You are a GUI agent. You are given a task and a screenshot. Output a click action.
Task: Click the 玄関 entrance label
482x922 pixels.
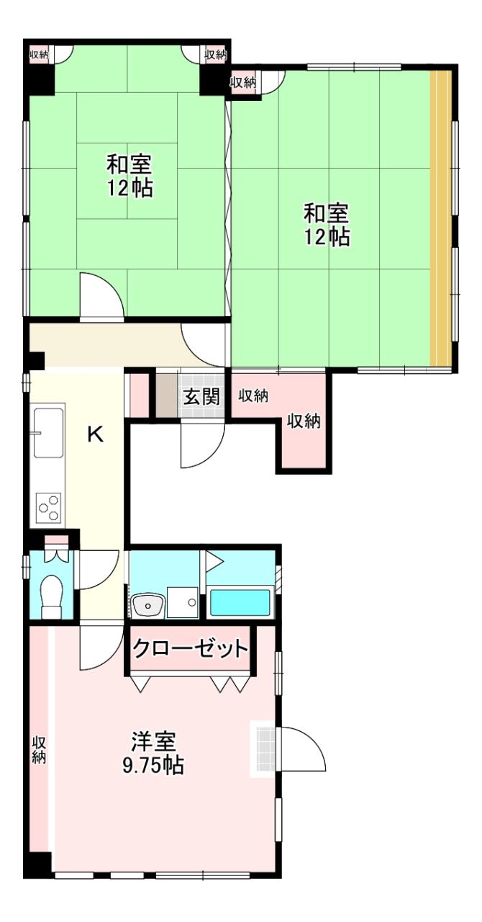click(x=201, y=397)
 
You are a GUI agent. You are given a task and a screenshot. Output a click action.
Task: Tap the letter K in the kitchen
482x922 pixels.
click(x=96, y=434)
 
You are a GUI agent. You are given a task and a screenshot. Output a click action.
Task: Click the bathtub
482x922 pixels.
click(x=240, y=603)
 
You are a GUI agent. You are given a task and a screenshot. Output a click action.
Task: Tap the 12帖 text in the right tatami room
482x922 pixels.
click(x=327, y=236)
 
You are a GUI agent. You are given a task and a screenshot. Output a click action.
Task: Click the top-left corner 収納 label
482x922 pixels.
click(x=39, y=54)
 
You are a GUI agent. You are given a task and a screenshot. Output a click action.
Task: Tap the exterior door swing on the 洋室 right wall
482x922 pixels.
click(x=301, y=749)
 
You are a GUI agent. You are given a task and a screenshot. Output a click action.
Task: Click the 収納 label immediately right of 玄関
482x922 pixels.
click(x=253, y=395)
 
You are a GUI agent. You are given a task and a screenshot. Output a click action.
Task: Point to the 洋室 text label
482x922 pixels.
click(x=153, y=740)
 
